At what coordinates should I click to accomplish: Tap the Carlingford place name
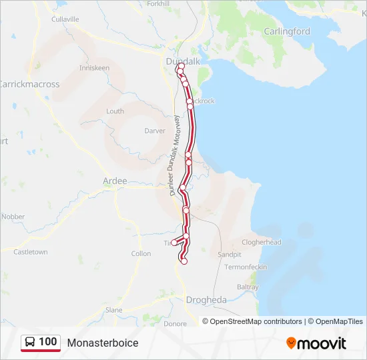[x=287, y=31]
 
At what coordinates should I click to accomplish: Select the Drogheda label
[x=206, y=300]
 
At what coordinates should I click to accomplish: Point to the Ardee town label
[x=115, y=181]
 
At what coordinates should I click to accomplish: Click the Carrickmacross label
[x=29, y=85]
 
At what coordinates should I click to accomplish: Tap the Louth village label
[x=115, y=111]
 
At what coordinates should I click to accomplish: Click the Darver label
[x=155, y=131]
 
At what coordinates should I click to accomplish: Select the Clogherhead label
[x=262, y=243]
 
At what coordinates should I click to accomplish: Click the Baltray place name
[x=248, y=287]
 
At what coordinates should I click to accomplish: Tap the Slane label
[x=114, y=310]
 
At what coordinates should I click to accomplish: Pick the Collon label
[x=141, y=254]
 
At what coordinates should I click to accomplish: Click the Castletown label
[x=31, y=252]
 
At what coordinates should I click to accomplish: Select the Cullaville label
[x=65, y=19]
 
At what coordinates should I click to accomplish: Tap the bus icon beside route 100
[x=31, y=343]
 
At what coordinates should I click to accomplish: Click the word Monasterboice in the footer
[x=103, y=343]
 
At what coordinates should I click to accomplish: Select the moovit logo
[x=316, y=343]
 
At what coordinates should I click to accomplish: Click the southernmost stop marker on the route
[x=183, y=261]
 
